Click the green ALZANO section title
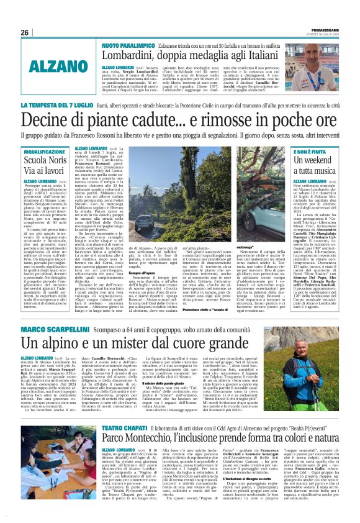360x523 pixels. (x=50, y=66)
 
